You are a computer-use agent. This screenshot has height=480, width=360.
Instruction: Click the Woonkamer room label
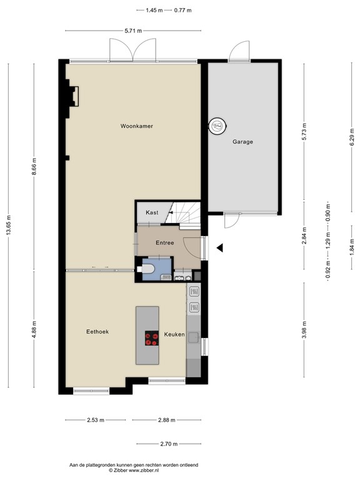coord(137,126)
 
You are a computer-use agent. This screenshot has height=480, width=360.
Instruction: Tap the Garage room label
coord(243,142)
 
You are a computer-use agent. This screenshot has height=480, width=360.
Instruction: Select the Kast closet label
coord(152,212)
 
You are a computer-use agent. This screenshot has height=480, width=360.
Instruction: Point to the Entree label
coord(165,242)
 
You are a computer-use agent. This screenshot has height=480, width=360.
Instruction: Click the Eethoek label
coord(97,332)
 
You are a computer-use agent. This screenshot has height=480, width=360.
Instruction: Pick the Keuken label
coord(174,335)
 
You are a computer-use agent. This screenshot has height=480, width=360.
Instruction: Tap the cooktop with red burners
coord(152,338)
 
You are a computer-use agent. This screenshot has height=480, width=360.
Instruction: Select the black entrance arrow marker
coord(219,248)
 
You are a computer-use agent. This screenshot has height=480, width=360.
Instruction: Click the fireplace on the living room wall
coord(72,97)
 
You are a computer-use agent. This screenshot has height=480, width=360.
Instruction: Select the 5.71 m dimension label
coord(133,30)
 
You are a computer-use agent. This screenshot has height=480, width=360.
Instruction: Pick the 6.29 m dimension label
coord(352,132)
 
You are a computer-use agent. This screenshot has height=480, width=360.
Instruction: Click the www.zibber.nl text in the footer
coord(147,470)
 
